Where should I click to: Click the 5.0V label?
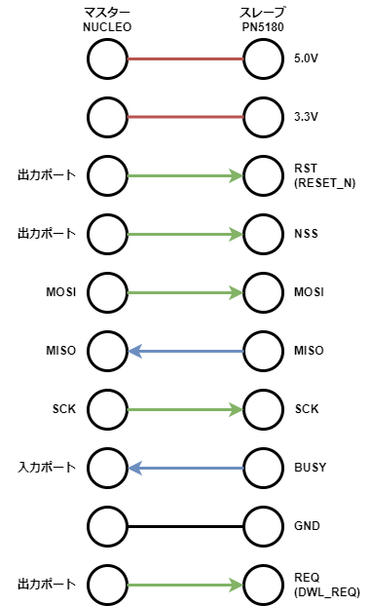[305, 59]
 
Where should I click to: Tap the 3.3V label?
[305, 118]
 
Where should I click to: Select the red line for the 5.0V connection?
[185, 59]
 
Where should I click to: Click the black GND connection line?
[185, 526]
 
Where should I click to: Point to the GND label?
[306, 526]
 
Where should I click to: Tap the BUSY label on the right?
[309, 468]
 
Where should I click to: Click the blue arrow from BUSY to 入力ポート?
[185, 468]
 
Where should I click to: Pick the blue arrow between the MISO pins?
[185, 351]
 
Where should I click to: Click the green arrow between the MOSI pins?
[185, 292]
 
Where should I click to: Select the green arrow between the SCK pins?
[185, 409]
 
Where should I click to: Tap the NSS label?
[305, 235]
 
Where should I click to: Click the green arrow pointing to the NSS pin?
[185, 235]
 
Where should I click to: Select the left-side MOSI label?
[60, 292]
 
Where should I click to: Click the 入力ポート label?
[47, 468]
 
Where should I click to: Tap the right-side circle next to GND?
[263, 526]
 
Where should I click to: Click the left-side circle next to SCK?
[107, 409]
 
